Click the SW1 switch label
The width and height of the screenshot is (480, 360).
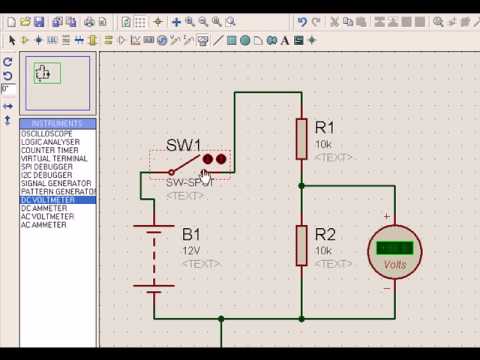184,145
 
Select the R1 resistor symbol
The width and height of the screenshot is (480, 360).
301,138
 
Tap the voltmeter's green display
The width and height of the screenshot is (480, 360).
395,247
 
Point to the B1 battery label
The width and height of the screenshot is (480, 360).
191,236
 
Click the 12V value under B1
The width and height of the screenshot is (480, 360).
190,250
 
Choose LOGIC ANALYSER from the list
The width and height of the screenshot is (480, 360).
47,142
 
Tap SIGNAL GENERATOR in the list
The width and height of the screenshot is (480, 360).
54,183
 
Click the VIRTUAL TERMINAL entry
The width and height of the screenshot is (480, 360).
50,159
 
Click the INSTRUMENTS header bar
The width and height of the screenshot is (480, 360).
55,123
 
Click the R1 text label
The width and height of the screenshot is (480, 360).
325,128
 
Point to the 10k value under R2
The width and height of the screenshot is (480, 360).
323,250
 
